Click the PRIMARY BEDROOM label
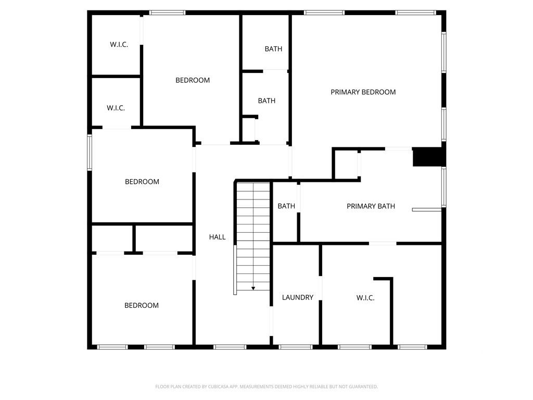pyautogui.click(x=363, y=92)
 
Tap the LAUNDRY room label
pyautogui.click(x=297, y=297)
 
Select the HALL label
pyautogui.click(x=217, y=237)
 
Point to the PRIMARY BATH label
pyautogui.click(x=371, y=206)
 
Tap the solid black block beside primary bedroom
pyautogui.click(x=427, y=157)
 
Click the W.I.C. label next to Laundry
pyautogui.click(x=365, y=298)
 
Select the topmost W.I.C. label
pyautogui.click(x=119, y=45)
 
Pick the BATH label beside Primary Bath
pyautogui.click(x=286, y=206)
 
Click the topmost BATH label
pyautogui.click(x=273, y=49)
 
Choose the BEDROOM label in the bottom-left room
pyautogui.click(x=142, y=305)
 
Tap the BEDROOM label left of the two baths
pyautogui.click(x=193, y=80)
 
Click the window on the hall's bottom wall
pyautogui.click(x=230, y=347)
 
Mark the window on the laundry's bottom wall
pyautogui.click(x=296, y=347)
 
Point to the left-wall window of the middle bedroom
pyautogui.click(x=90, y=153)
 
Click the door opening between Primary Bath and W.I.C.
pyautogui.click(x=383, y=243)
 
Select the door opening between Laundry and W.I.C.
pyautogui.click(x=320, y=288)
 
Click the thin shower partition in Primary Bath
pyautogui.click(x=427, y=209)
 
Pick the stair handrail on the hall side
pyautogui.click(x=235, y=270)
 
